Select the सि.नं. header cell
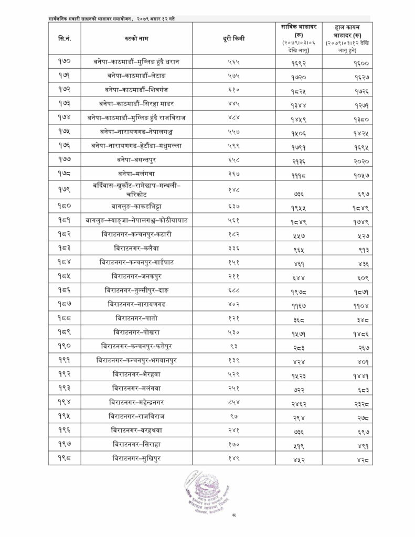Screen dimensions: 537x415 pyautogui.click(x=65, y=38)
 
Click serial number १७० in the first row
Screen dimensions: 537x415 pyautogui.click(x=65, y=62)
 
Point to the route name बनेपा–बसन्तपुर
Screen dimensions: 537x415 pyautogui.click(x=140, y=157)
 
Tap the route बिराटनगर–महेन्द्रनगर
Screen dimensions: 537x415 pyautogui.click(x=140, y=402)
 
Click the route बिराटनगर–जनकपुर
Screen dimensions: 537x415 pyautogui.click(x=140, y=275)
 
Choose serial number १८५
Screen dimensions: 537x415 pyautogui.click(x=65, y=275)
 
